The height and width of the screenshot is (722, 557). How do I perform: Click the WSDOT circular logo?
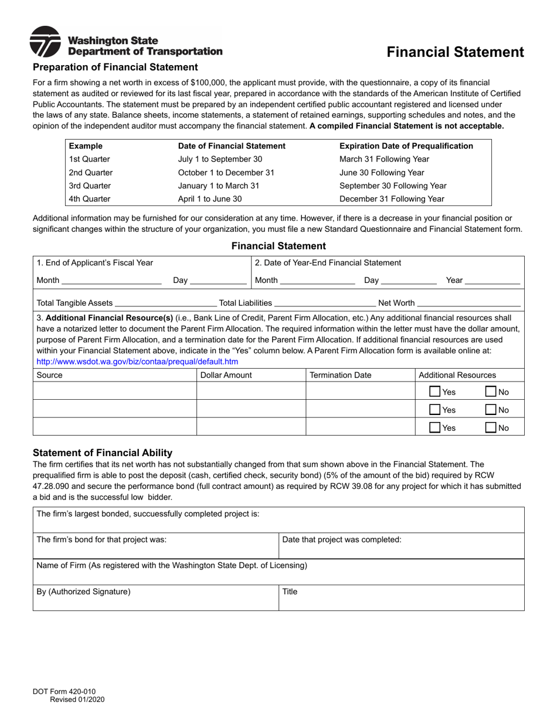pos(45,42)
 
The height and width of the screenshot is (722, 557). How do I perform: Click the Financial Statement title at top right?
pos(455,52)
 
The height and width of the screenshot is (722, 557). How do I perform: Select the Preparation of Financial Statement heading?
pos(116,67)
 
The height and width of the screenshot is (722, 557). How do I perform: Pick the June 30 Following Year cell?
pos(382,173)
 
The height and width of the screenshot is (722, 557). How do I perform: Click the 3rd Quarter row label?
pos(90,185)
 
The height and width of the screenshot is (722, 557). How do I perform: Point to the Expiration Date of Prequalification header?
pos(406,146)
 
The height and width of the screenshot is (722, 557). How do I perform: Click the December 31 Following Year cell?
pos(392,199)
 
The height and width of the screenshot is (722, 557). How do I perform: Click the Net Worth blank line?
pos(468,303)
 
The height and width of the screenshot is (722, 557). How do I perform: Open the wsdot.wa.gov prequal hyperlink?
pos(137,362)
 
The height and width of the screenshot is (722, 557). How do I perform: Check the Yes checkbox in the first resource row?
pos(435,392)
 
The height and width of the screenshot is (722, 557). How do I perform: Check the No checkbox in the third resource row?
pos(491,428)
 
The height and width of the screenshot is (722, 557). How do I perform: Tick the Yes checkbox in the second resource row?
pos(435,410)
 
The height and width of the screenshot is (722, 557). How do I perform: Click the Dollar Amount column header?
pos(226,375)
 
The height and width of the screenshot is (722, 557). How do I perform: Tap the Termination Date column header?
pos(340,375)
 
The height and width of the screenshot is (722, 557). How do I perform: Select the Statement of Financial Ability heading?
pos(103,453)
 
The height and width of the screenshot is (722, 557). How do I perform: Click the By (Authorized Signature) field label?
pos(83,592)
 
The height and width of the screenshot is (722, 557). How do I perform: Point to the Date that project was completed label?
pos(342,539)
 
